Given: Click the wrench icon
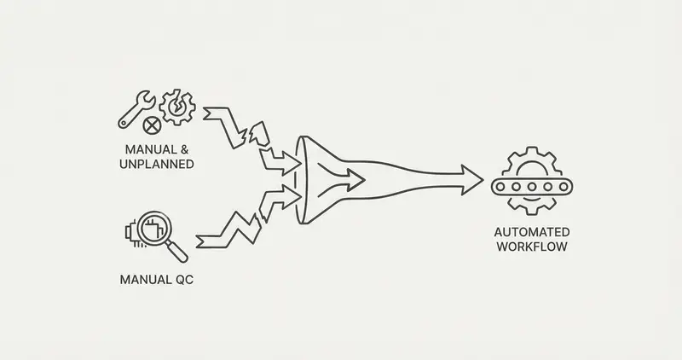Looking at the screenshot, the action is [136, 109].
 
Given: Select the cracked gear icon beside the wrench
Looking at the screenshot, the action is [177, 107].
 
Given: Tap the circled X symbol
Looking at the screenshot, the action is [152, 126].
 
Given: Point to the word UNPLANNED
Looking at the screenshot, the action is [157, 164].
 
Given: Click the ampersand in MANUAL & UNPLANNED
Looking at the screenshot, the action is [184, 150].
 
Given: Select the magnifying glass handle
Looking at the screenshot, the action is [176, 252].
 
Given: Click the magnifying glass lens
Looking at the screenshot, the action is [154, 228].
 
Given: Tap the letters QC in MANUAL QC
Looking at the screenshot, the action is [184, 280].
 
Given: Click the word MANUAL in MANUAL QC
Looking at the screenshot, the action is [145, 280].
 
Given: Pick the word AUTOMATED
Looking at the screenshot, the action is [531, 232].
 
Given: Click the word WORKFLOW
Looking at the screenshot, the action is [531, 247].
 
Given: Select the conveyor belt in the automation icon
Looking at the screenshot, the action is [532, 187].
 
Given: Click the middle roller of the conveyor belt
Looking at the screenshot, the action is [531, 187].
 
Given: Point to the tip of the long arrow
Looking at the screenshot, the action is [483, 179].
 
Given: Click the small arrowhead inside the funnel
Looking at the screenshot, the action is [355, 179].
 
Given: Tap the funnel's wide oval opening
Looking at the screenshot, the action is [301, 180].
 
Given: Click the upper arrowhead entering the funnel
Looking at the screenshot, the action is [292, 163].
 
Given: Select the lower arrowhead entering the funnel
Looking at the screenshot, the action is [292, 195].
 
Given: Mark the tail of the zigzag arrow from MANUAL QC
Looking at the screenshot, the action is [197, 241].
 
